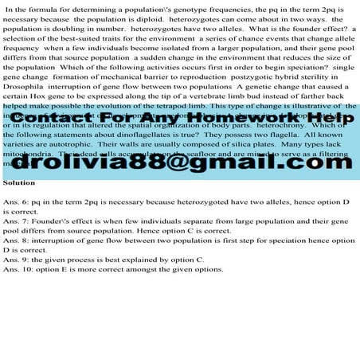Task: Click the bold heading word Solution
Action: coord(19,182)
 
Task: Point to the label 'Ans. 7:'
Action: coord(17,219)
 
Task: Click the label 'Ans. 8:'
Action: coord(17,239)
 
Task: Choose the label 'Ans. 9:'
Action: coord(17,259)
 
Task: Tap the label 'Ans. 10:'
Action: coord(18,268)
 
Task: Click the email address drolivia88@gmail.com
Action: coord(179,162)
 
